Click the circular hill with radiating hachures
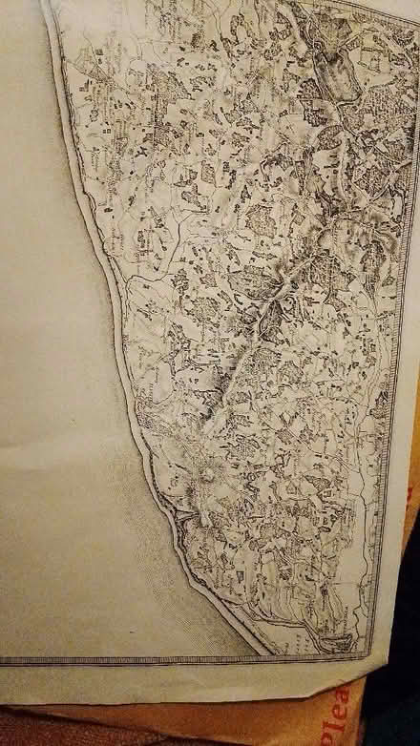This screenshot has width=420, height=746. tap(204, 474)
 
